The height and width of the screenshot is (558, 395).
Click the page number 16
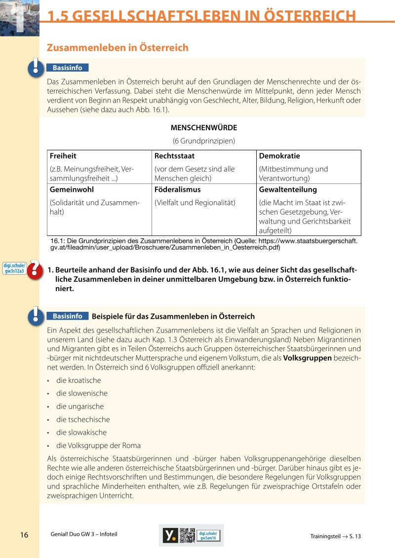24,535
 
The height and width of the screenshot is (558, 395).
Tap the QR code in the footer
187,535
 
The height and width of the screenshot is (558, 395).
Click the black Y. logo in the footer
170,535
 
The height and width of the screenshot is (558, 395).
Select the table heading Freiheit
63,156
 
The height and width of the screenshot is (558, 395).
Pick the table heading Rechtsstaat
174,156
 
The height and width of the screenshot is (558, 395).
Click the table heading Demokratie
279,156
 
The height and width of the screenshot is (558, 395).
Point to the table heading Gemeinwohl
72,189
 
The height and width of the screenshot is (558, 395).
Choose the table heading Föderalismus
178,189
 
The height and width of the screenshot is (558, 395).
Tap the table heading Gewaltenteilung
288,189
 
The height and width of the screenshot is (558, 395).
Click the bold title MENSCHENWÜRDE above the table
203,128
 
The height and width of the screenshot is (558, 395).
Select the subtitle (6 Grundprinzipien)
203,141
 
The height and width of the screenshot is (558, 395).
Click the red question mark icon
35,269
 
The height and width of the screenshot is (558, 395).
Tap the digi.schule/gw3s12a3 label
14,268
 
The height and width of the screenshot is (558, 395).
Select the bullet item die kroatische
79,380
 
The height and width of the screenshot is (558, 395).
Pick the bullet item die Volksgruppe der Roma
98,445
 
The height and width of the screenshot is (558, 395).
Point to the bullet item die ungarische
80,407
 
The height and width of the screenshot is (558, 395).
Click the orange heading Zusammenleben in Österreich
118,47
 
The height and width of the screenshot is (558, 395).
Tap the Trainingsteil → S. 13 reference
336,536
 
